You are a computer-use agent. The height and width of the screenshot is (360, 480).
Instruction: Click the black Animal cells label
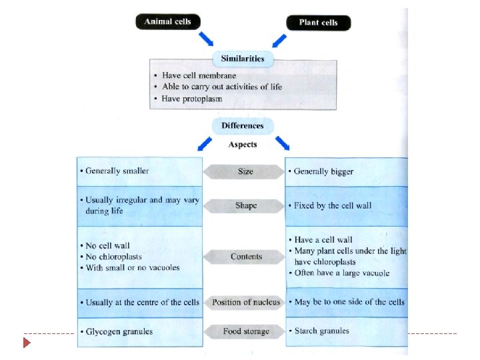point(167,21)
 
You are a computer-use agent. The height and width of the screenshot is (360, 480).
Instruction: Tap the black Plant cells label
point(318,23)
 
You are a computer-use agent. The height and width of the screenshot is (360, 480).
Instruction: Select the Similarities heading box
point(242,59)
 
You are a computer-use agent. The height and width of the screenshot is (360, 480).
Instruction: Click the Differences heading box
point(242,125)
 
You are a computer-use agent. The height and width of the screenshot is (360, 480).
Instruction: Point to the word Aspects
point(242,144)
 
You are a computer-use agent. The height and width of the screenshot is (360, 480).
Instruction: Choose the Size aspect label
point(245,171)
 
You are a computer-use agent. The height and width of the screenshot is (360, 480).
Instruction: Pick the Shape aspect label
point(245,206)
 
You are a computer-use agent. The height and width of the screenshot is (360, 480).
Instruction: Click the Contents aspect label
point(246,257)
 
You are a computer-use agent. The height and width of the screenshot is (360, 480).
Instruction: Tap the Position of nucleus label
point(246,303)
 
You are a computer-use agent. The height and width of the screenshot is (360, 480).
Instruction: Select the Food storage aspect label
point(246,331)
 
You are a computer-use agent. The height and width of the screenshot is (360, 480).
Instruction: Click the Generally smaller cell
point(117,171)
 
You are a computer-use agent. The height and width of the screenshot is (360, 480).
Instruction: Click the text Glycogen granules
point(119,331)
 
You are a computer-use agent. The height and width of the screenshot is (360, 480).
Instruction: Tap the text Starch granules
point(321,331)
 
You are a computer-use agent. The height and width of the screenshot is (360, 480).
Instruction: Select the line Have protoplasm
point(193,99)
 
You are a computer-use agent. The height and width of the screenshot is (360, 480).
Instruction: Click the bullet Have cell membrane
point(199,75)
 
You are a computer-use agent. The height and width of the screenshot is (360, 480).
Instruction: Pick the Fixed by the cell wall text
point(333,205)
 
